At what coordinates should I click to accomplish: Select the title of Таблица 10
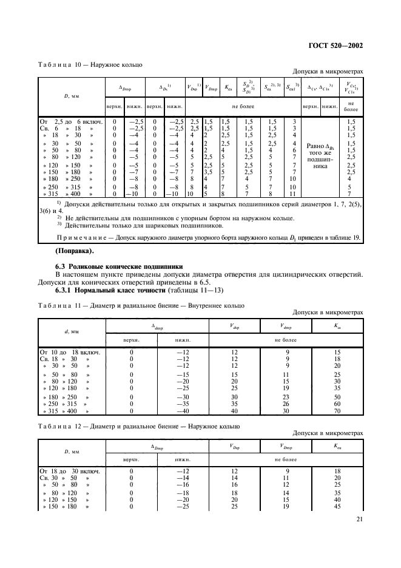point(90,63)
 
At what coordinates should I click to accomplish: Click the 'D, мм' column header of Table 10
point(56,96)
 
